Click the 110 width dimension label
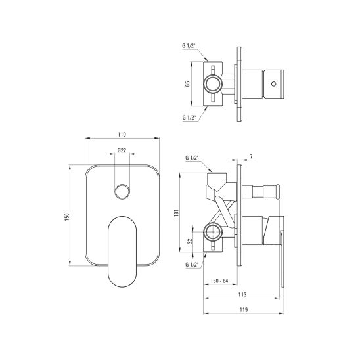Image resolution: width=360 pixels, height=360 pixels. pyautogui.click(x=122, y=135)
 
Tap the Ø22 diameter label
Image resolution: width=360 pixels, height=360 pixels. pyautogui.click(x=122, y=150)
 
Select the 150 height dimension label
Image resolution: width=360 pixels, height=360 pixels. pyautogui.click(x=67, y=217)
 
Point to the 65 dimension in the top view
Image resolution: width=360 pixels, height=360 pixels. pyautogui.click(x=188, y=84)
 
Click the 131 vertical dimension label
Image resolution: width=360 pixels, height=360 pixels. pyautogui.click(x=176, y=214)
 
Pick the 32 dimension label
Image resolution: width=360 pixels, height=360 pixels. pyautogui.click(x=190, y=241)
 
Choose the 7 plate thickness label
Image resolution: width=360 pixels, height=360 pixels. pyautogui.click(x=252, y=156)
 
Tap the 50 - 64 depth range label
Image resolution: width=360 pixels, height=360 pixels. pyautogui.click(x=221, y=281)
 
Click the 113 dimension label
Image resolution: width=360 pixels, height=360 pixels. pyautogui.click(x=242, y=294)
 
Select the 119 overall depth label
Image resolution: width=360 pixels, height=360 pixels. pyautogui.click(x=244, y=309)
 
